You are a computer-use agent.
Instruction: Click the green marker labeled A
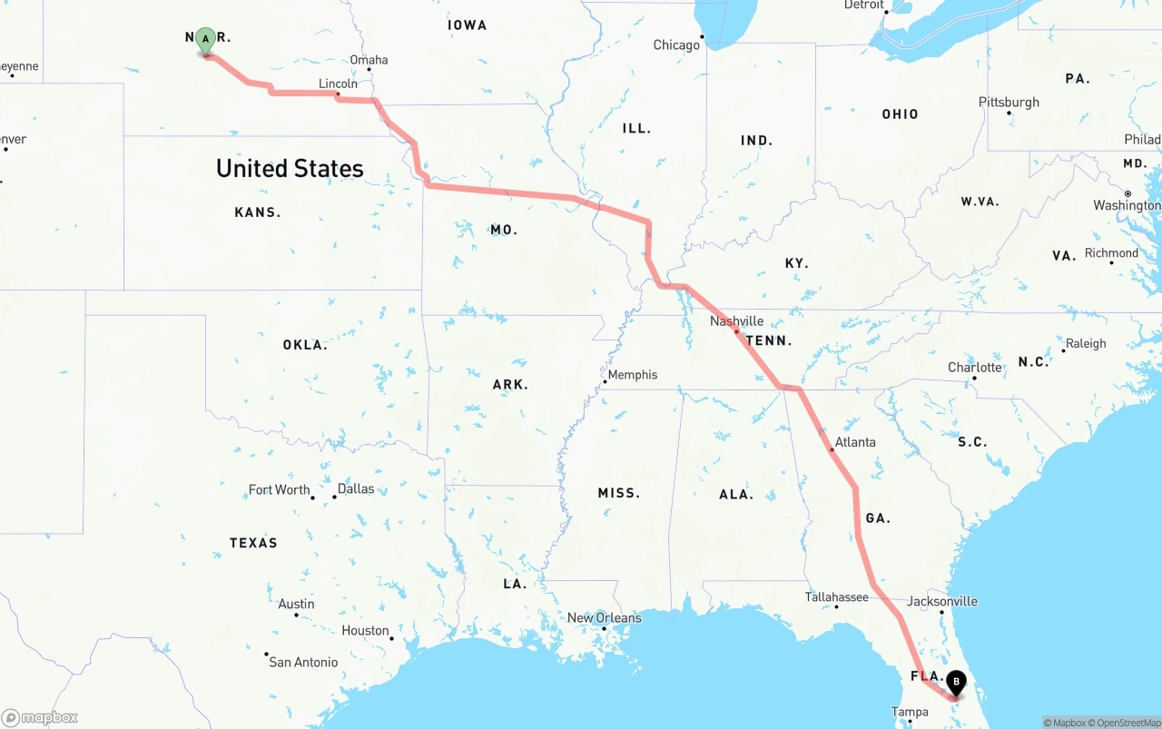pos(206,40)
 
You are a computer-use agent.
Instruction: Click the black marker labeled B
pos(956,682)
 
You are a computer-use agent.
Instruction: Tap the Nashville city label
pos(736,321)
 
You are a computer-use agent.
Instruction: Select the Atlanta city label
pos(855,442)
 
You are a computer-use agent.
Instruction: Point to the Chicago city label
pos(676,44)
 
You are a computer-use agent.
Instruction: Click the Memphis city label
pos(632,374)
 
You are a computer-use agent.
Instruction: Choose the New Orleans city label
pos(604,617)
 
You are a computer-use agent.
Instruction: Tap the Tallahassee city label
pos(836,597)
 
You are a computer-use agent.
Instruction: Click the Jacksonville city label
pos(941,601)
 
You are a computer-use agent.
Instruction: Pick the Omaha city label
pos(369,60)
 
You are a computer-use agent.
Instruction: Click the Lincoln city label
pos(337,84)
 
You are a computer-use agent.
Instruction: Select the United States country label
pos(290,168)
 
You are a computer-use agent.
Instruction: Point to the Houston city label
pos(365,631)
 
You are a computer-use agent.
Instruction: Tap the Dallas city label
pos(355,488)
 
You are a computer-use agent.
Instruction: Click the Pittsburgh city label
pos(1009,102)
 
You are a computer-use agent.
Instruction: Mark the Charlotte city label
pos(974,368)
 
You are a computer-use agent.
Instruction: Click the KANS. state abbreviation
pos(257,212)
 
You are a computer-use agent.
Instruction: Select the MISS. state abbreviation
pos(618,493)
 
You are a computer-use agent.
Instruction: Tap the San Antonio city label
pos(303,662)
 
